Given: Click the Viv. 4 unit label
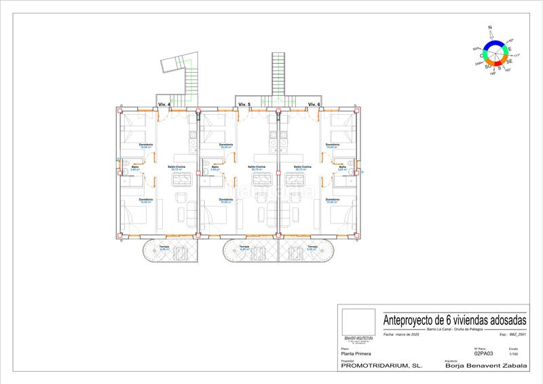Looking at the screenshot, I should point(164,104).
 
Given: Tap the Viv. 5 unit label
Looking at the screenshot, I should point(244,104).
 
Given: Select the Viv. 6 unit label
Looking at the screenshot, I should point(314,104).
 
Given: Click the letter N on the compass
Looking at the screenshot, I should point(489,28).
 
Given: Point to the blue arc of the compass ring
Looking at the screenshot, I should point(493,43).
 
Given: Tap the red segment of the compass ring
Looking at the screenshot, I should point(501,65).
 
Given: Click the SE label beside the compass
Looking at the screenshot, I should point(509,61).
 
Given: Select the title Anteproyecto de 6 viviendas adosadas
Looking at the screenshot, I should point(445,319).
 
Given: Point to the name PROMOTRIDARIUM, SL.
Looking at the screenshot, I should point(381,366).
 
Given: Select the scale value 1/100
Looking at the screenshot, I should point(513,354).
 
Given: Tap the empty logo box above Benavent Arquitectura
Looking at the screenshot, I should point(358,321).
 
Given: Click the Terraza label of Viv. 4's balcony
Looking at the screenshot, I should point(164,246).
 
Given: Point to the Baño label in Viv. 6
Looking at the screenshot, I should point(342,167).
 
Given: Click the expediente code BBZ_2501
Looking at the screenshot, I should point(518,334).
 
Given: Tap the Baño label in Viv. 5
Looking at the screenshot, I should point(215,167).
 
